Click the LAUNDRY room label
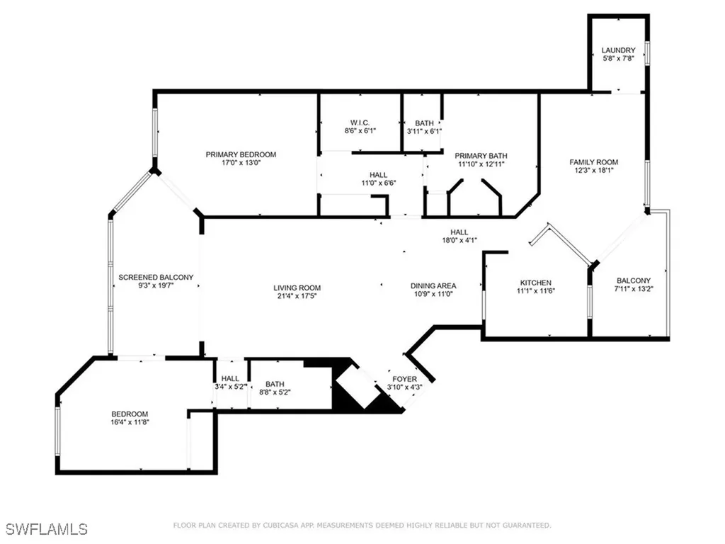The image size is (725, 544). pyautogui.click(x=618, y=50)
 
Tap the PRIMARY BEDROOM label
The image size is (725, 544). pyautogui.click(x=241, y=154)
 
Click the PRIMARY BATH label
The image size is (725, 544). pyautogui.click(x=481, y=157)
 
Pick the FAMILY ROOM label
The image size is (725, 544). pyautogui.click(x=594, y=162)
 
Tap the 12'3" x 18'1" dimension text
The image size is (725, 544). pyautogui.click(x=594, y=171)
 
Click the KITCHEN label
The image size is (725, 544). pyautogui.click(x=535, y=283)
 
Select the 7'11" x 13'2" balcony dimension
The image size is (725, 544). pyautogui.click(x=633, y=289)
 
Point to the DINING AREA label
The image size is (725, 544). pyautogui.click(x=431, y=287)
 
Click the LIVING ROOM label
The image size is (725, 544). pyautogui.click(x=297, y=288)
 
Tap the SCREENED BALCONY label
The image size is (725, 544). pyautogui.click(x=156, y=277)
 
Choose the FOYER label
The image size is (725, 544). pyautogui.click(x=405, y=379)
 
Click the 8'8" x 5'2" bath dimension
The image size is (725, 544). pyautogui.click(x=275, y=391)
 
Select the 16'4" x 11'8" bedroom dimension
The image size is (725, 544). pyautogui.click(x=129, y=422)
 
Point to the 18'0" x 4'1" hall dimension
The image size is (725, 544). pyautogui.click(x=460, y=240)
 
